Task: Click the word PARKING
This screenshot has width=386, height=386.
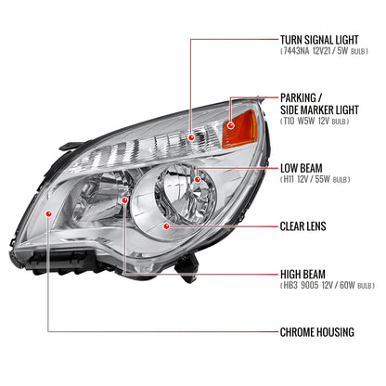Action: [302, 96]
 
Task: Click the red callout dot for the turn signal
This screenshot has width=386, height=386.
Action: [192, 137]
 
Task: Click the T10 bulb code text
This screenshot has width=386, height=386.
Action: [289, 122]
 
